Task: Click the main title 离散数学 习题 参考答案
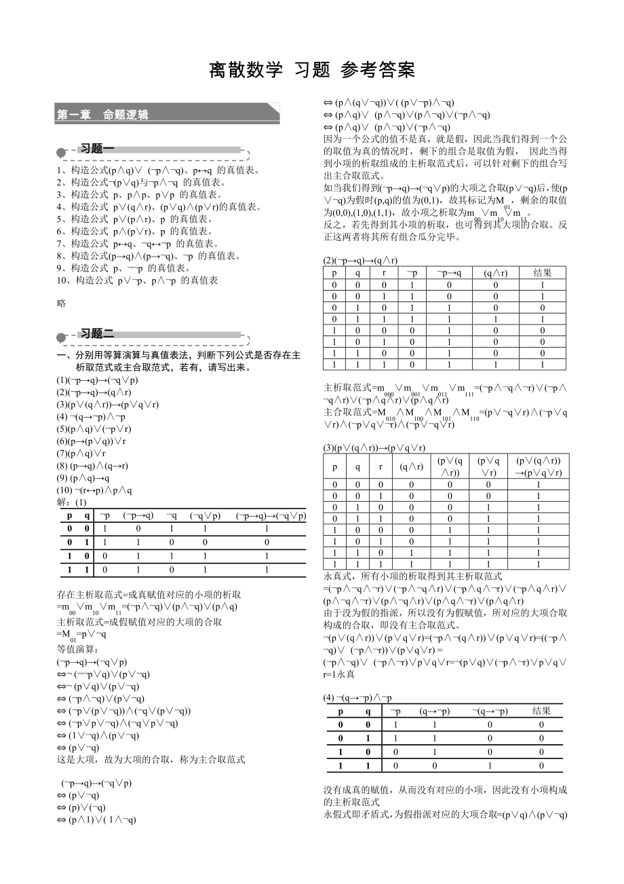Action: click(x=311, y=70)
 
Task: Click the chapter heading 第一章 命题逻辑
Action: click(x=102, y=115)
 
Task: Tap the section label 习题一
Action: click(x=98, y=149)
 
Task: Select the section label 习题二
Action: click(x=98, y=333)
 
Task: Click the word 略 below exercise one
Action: click(x=62, y=303)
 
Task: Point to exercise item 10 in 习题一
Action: click(x=138, y=280)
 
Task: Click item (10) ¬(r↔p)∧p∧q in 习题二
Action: click(x=94, y=491)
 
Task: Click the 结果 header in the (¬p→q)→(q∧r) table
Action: click(x=543, y=273)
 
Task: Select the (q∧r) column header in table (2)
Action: click(x=496, y=273)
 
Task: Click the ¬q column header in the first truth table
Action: click(x=172, y=515)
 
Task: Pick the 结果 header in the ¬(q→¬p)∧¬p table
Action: click(x=541, y=711)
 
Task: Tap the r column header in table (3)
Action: click(x=381, y=467)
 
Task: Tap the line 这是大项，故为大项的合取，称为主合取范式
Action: click(x=151, y=759)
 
